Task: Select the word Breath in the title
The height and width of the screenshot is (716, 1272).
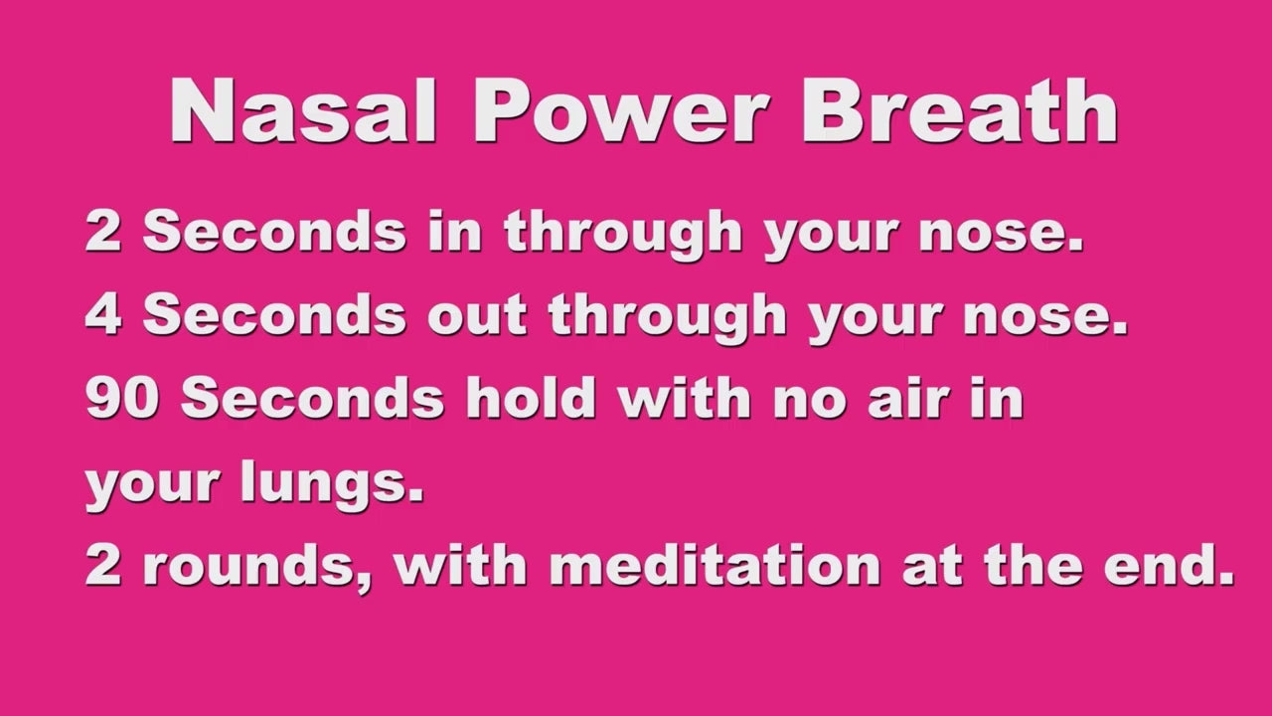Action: pos(960,109)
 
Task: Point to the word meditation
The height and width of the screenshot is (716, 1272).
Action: pos(715,565)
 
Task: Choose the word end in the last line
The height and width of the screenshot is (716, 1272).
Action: pos(1170,565)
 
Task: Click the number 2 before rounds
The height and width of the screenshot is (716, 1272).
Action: pos(103,566)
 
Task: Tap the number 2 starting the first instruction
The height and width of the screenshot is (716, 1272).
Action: pos(103,231)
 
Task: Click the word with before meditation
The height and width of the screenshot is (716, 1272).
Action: pos(460,565)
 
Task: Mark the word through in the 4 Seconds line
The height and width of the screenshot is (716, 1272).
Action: pos(668,317)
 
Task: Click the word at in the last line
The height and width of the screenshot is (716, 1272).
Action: pos(932,567)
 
